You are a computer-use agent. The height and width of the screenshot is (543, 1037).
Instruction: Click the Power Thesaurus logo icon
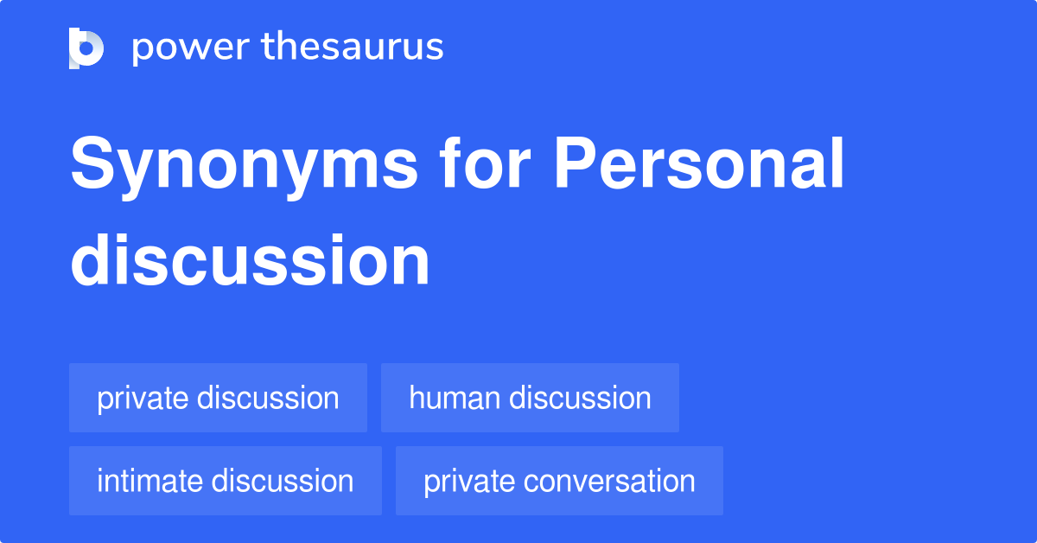click(x=86, y=48)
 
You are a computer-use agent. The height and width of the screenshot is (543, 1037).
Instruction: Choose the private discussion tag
click(x=218, y=398)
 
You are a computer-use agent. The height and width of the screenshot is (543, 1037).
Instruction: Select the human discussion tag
click(x=530, y=398)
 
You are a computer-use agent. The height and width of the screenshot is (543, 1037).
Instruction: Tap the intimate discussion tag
click(x=225, y=481)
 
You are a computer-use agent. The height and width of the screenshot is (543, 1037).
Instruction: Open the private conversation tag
click(x=559, y=481)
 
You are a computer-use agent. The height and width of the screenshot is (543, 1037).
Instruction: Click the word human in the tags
click(x=455, y=398)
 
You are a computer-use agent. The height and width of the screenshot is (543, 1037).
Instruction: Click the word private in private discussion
click(x=143, y=398)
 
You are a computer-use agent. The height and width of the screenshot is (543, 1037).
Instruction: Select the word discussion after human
click(x=580, y=398)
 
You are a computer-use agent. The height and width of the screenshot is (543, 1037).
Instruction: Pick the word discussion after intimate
click(x=283, y=481)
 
